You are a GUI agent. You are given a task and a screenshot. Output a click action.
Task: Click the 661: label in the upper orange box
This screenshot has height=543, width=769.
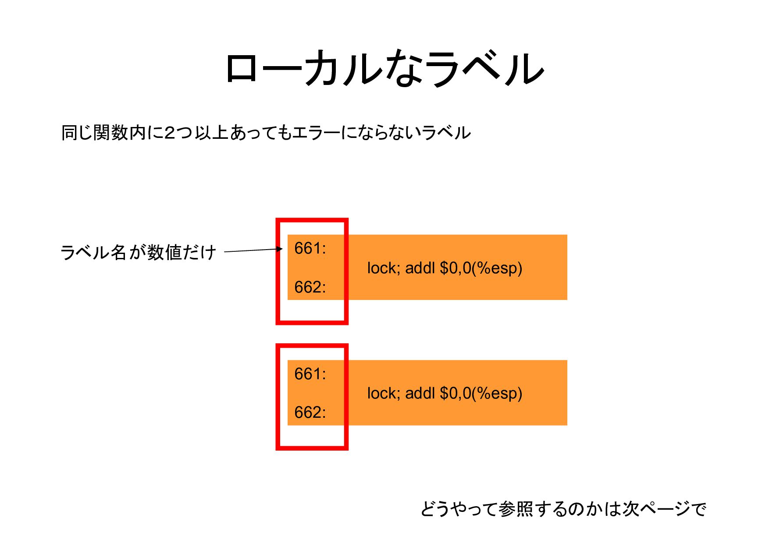(310, 249)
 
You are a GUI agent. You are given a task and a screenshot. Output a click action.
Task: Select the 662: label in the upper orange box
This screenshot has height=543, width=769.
(310, 287)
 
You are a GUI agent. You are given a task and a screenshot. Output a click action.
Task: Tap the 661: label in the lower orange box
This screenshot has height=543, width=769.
(310, 374)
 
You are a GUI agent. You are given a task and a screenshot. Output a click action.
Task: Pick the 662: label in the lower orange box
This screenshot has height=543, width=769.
(310, 413)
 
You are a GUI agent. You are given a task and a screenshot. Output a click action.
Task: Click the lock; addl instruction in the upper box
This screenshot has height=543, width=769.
(445, 268)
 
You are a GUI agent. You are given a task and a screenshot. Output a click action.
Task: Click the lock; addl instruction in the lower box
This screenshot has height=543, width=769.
(445, 393)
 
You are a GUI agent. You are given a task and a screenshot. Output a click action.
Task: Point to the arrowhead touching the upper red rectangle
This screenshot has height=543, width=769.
(280, 249)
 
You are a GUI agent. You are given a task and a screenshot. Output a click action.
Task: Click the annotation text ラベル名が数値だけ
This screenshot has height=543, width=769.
(138, 252)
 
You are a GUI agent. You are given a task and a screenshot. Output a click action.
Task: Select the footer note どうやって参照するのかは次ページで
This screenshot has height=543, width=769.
(563, 509)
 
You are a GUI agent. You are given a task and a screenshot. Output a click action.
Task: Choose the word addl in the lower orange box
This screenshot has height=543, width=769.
(420, 393)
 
